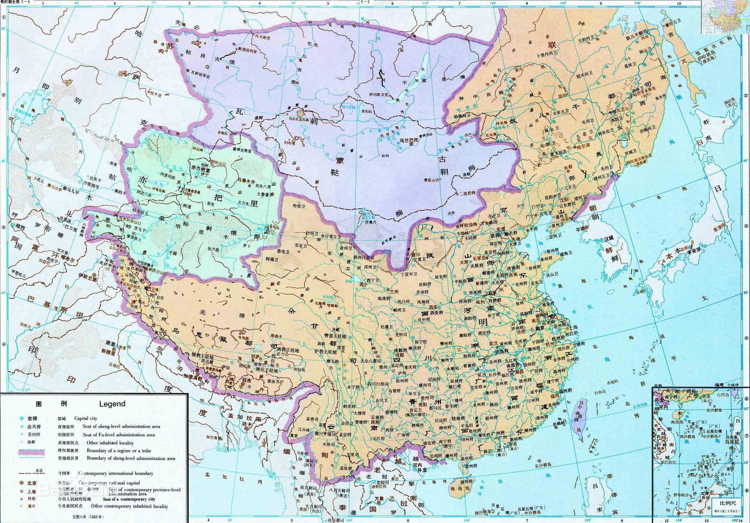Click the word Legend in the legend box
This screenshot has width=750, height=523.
112,404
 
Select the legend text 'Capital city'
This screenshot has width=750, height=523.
86,418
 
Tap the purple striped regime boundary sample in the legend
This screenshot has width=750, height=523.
31,452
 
